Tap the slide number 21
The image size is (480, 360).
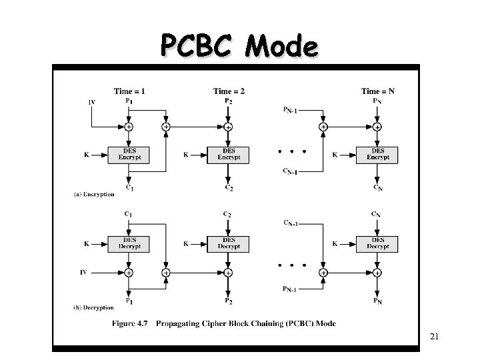434,337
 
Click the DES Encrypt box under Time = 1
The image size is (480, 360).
129,154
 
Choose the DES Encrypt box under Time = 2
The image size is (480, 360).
229,154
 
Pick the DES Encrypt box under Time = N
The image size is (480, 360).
377,154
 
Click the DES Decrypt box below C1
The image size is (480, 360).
129,243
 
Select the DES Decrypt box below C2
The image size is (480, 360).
229,243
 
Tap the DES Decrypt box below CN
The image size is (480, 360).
377,243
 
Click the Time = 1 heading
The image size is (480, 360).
129,91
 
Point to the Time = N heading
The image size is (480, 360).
377,91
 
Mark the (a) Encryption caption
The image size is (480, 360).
94,195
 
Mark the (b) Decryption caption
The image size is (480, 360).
94,308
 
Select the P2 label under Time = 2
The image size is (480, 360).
229,101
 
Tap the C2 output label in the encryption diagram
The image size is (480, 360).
229,188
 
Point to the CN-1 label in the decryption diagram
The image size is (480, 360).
294,222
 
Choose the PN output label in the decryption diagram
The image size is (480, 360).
377,302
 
